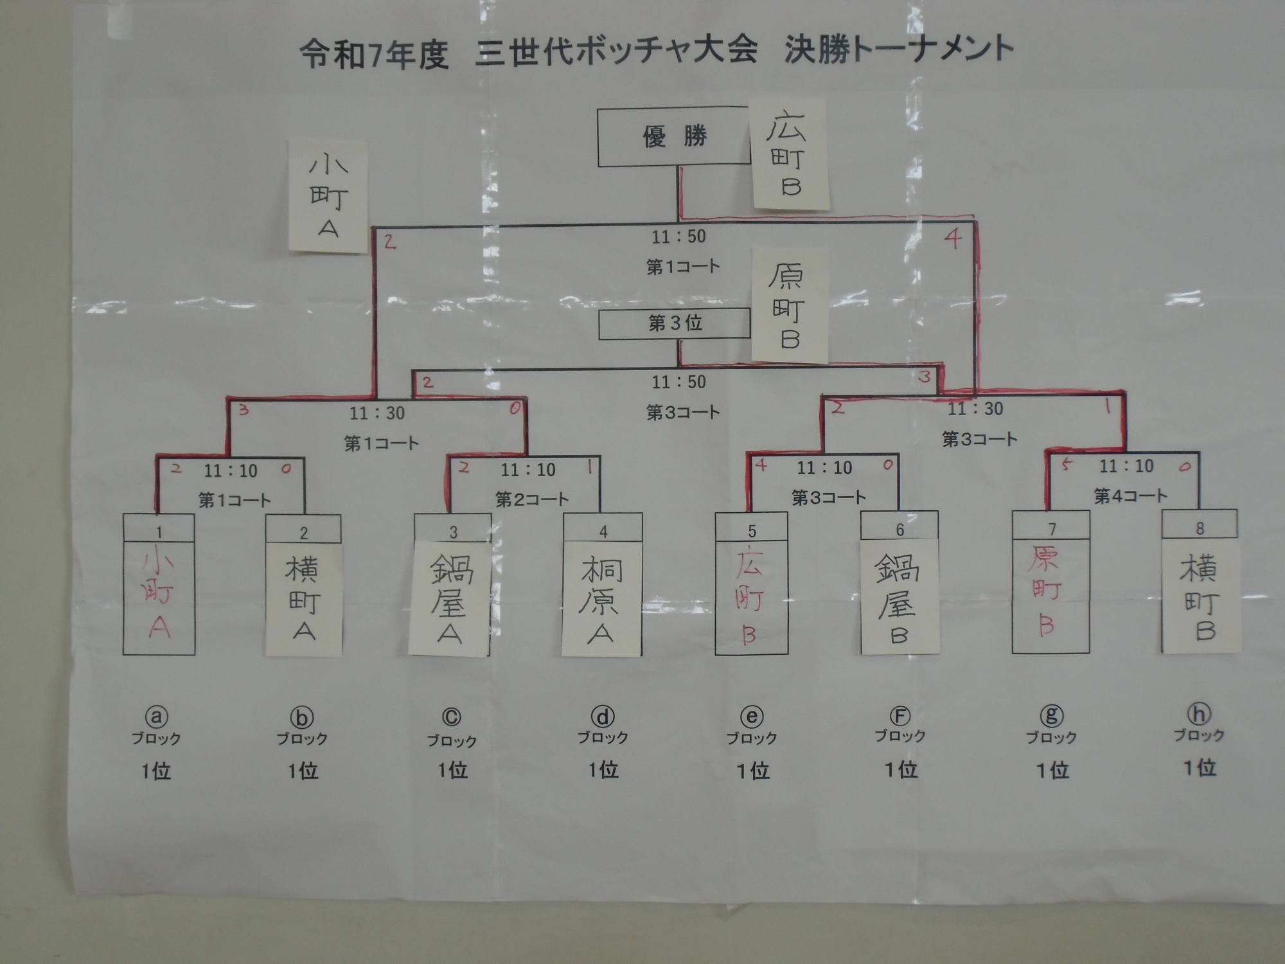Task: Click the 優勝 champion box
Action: (674, 137)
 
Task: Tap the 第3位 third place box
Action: (675, 323)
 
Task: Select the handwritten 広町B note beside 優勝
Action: (789, 154)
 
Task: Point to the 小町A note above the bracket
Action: (328, 196)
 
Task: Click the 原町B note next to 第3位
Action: (790, 307)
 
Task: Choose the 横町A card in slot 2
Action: (303, 599)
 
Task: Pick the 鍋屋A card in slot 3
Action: (450, 599)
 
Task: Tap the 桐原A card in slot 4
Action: (601, 599)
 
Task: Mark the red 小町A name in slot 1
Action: (158, 596)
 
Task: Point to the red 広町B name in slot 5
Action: (750, 596)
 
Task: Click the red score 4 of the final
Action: (953, 239)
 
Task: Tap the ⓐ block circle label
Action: (156, 717)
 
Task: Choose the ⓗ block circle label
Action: (1199, 713)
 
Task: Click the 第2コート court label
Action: (532, 499)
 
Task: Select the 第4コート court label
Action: (1130, 495)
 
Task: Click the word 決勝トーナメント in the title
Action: (899, 50)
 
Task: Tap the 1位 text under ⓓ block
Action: (603, 769)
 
